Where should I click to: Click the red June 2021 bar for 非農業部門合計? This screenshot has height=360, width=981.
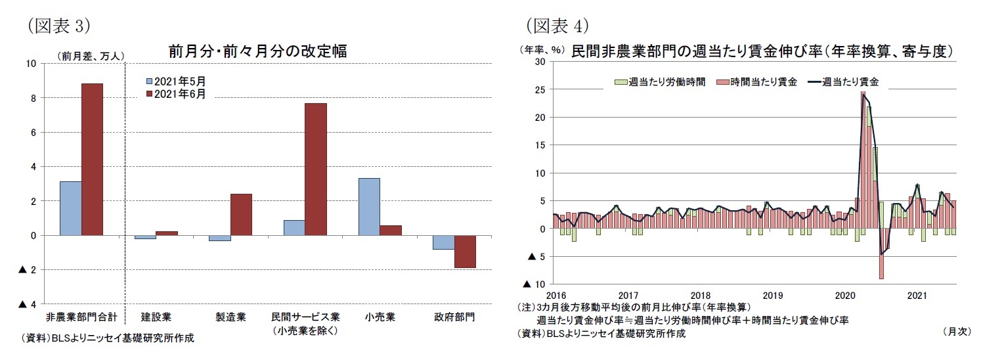[x=92, y=159]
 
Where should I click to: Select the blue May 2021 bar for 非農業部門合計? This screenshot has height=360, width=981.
[x=71, y=208]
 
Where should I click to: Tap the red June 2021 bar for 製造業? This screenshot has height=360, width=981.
[x=241, y=214]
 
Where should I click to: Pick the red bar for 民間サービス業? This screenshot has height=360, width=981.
[x=316, y=169]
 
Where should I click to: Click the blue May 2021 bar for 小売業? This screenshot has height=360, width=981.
[x=369, y=206]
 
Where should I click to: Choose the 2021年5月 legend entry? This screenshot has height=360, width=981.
[x=175, y=81]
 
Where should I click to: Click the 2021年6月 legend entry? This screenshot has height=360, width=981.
[x=175, y=94]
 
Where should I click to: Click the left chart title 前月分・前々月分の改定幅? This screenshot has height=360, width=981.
[x=258, y=51]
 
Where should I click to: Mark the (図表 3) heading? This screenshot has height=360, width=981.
[x=58, y=25]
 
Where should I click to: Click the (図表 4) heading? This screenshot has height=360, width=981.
[x=556, y=25]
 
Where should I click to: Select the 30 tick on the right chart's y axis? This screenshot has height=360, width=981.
[x=540, y=62]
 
